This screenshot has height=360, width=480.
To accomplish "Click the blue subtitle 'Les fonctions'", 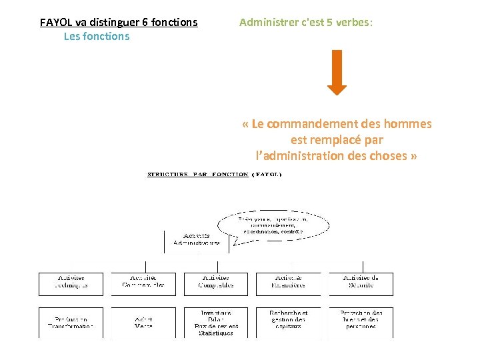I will pyautogui.click(x=97, y=37).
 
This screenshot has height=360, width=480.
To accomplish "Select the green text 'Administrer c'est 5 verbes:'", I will pyautogui.click(x=306, y=23).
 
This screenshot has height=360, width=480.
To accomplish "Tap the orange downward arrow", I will pyautogui.click(x=337, y=72).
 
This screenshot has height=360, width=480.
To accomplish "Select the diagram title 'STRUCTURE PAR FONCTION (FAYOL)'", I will pyautogui.click(x=214, y=175).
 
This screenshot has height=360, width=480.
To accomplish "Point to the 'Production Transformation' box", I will pyautogui.click(x=71, y=323).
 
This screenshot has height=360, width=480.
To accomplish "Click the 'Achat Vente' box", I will pyautogui.click(x=143, y=323).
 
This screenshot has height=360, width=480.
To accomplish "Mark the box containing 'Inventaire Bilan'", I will pyautogui.click(x=215, y=323).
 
